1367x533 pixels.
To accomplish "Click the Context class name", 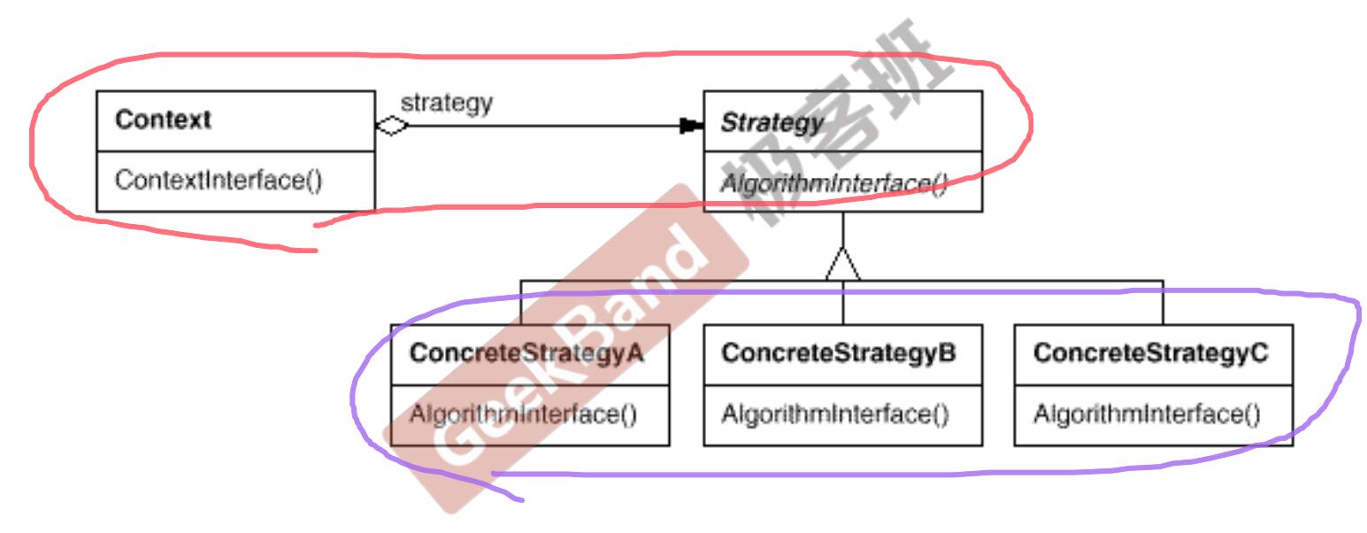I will pos(163,120).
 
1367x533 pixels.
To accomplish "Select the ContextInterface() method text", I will pos(219,181).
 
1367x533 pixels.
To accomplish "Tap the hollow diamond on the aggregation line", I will pos(391,127).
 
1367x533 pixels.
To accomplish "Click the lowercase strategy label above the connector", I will pos(446,103).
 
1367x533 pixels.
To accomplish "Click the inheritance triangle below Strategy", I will pos(842,264).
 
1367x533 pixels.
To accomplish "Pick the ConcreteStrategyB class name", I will pos(839,353).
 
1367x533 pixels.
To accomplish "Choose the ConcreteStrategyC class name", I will pos(1151,353).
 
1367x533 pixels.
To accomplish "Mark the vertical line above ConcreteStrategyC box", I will pos(1163,303).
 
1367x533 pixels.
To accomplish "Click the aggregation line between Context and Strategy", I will pos(540,127).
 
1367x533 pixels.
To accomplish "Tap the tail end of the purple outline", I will pos(522,499).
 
